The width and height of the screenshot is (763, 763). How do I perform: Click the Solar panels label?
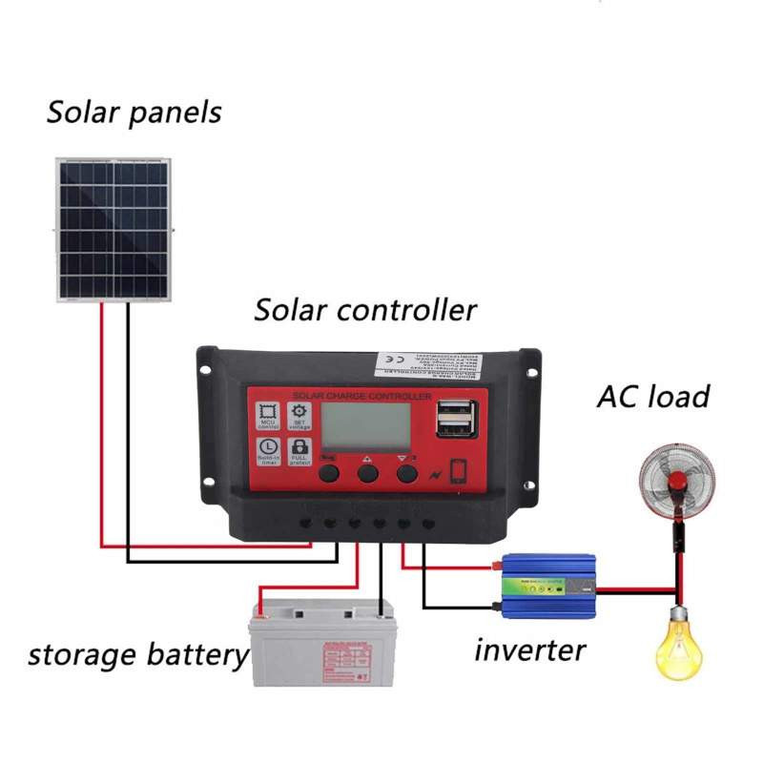(x=134, y=113)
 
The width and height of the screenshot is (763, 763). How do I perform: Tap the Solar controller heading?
(x=364, y=310)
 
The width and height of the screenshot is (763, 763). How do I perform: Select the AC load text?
(x=653, y=396)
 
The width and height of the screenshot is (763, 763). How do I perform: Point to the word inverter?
(x=529, y=650)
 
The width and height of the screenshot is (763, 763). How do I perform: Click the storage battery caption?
(x=137, y=655)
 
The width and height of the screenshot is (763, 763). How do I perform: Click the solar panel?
(x=113, y=229)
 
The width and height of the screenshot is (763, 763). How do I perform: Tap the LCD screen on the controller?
(x=364, y=424)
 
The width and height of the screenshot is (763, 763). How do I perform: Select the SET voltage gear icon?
(x=299, y=414)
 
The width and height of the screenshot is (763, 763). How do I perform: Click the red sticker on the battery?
(x=347, y=658)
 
